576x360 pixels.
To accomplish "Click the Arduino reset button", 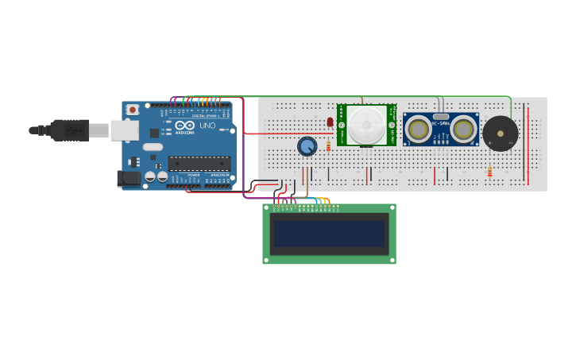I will point(133,109).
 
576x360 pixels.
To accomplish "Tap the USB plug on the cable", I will point(72,129).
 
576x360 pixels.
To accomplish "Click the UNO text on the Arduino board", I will point(207,126).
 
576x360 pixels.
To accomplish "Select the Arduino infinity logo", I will point(185,126).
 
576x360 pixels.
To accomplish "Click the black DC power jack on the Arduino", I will point(128,179).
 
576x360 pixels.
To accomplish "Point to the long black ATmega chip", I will point(199,163).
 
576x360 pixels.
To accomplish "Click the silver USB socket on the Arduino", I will point(124,130).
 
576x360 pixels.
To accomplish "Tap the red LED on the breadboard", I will point(330,122).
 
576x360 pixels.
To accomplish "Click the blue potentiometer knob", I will point(307,146).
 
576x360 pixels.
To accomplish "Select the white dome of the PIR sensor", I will point(366,124).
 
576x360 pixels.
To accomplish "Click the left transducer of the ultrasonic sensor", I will point(419,129).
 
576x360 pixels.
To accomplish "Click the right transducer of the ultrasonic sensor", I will point(463,129).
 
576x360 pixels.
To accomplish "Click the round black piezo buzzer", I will point(501,133).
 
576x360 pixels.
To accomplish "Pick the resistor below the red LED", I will point(328,145).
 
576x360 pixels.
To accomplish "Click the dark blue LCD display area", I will point(329,234).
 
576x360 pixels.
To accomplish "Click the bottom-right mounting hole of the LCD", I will point(392,260).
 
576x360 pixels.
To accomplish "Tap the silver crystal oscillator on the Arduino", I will point(153,146).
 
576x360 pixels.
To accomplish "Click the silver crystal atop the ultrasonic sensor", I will point(441,117).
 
